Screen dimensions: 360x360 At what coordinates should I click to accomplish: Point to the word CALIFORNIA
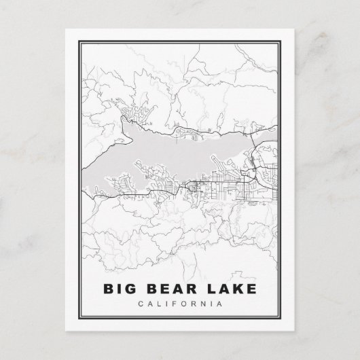(179, 304)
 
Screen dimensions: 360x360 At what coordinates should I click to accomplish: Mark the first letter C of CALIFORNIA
(139, 304)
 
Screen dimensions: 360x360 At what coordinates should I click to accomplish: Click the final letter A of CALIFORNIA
(219, 304)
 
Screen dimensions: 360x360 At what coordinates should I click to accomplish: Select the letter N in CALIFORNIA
(202, 304)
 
